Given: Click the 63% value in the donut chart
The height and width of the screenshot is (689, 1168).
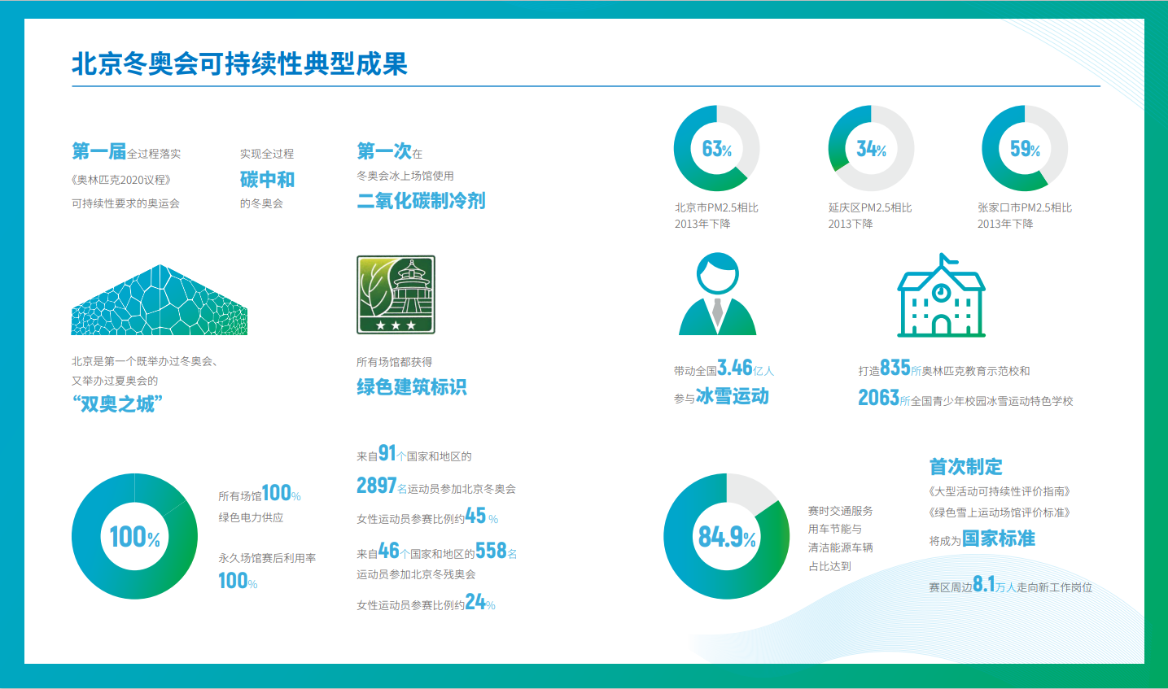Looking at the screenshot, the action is click(x=716, y=149).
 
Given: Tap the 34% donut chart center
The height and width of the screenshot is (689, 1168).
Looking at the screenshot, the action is click(x=871, y=149).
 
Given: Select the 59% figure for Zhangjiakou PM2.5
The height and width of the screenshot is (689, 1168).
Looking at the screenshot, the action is click(x=1025, y=149).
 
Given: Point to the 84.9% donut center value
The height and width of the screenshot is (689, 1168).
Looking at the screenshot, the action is click(x=727, y=536).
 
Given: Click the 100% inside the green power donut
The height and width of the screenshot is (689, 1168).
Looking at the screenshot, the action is click(x=134, y=537).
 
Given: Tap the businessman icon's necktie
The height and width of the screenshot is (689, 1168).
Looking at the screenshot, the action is click(x=718, y=312).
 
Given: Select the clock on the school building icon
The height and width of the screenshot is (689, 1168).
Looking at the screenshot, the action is click(x=941, y=292).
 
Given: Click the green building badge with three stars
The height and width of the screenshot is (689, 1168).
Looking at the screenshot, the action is click(x=396, y=294).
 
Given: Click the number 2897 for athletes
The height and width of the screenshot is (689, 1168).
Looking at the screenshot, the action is click(x=377, y=486).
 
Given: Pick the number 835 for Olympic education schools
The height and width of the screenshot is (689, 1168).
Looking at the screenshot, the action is click(x=895, y=368).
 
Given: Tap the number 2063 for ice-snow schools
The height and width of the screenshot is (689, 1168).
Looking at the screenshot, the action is click(x=878, y=398).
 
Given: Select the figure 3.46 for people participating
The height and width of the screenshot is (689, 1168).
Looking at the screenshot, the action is click(x=735, y=368).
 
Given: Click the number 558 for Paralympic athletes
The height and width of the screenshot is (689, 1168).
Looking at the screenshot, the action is click(x=491, y=551).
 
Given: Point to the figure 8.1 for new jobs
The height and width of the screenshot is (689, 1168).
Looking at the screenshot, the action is click(x=984, y=584).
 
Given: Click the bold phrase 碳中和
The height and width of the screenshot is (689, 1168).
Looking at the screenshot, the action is click(x=267, y=179).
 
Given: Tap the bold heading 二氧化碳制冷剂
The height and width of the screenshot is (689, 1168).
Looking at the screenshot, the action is click(x=421, y=200).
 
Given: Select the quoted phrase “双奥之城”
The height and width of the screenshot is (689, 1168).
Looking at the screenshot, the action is click(x=117, y=404).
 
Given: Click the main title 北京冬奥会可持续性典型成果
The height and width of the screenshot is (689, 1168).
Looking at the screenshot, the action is click(x=240, y=64).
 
